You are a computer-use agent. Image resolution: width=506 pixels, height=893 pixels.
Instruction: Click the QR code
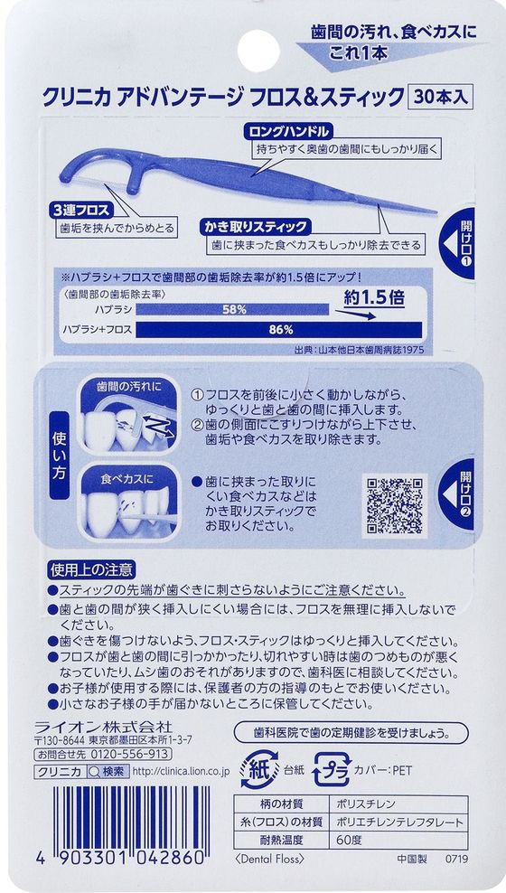(x=394, y=506)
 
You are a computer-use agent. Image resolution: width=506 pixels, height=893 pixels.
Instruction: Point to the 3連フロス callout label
(x=81, y=209)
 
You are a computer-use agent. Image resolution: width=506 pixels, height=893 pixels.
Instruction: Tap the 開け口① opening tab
(x=461, y=241)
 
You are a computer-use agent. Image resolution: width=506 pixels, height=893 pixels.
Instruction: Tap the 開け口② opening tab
(x=461, y=493)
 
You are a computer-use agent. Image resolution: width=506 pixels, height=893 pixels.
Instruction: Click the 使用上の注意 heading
(x=90, y=570)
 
